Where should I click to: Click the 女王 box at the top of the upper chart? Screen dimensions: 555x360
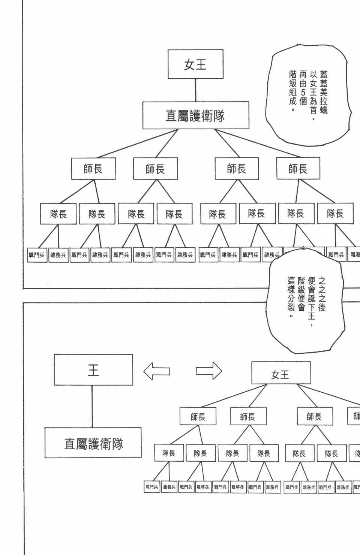pos(195,64)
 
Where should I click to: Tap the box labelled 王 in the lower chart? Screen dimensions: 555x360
pos(93,370)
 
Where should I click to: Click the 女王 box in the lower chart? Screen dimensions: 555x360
pos(281,373)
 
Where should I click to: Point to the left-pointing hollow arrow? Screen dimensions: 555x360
pos(157,371)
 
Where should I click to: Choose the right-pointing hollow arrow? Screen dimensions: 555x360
pos(209,371)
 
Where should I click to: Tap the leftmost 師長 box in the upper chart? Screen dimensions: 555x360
pos(93,169)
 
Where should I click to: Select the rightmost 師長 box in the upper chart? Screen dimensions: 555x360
pos(298,169)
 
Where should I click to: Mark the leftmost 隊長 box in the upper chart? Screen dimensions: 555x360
pos(58,214)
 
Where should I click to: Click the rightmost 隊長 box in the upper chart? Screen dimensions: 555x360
pos(335,214)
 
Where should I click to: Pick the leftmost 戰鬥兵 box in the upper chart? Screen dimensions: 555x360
pos(37,255)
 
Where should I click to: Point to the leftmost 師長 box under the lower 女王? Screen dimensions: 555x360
pos(198,416)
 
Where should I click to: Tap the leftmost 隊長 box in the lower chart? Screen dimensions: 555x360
pos(169,453)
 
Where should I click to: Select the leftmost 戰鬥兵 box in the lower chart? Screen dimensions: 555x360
pos(152,487)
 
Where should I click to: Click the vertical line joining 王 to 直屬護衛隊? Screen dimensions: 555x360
pos(93,407)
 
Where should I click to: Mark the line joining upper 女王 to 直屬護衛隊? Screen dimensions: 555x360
pos(195,90)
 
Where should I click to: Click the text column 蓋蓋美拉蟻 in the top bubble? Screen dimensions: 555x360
pos(324,90)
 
